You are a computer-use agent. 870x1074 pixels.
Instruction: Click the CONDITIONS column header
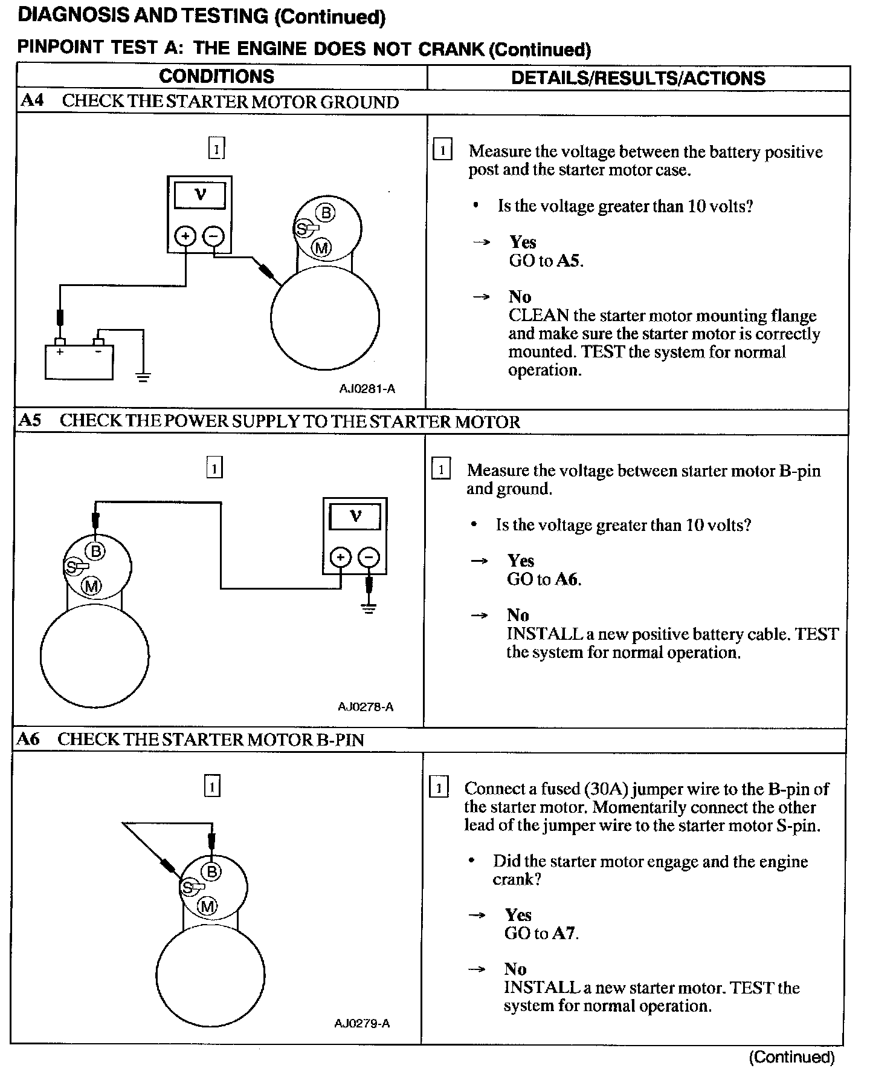click(216, 77)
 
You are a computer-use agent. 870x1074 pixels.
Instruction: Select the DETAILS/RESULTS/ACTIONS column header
click(638, 78)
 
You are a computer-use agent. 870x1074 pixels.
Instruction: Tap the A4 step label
click(32, 100)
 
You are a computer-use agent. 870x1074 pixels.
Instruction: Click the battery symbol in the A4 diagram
click(79, 361)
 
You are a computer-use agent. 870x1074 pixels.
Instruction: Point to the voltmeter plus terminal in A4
click(185, 235)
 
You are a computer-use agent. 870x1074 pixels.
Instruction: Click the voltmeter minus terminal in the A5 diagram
click(369, 557)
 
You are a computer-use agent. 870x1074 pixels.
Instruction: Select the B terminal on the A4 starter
click(326, 213)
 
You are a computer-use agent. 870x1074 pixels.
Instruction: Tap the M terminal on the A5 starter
click(92, 585)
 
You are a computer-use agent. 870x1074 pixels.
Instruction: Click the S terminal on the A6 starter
click(188, 888)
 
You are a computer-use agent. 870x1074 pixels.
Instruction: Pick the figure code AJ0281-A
click(367, 389)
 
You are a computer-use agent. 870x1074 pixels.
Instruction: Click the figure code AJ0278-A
click(366, 706)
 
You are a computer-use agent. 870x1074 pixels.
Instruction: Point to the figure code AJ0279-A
click(362, 1024)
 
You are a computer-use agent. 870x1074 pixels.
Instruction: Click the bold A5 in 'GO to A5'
click(569, 261)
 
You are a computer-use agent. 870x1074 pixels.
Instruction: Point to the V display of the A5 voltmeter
click(355, 517)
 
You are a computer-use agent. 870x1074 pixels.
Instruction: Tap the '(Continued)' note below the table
click(791, 1057)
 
